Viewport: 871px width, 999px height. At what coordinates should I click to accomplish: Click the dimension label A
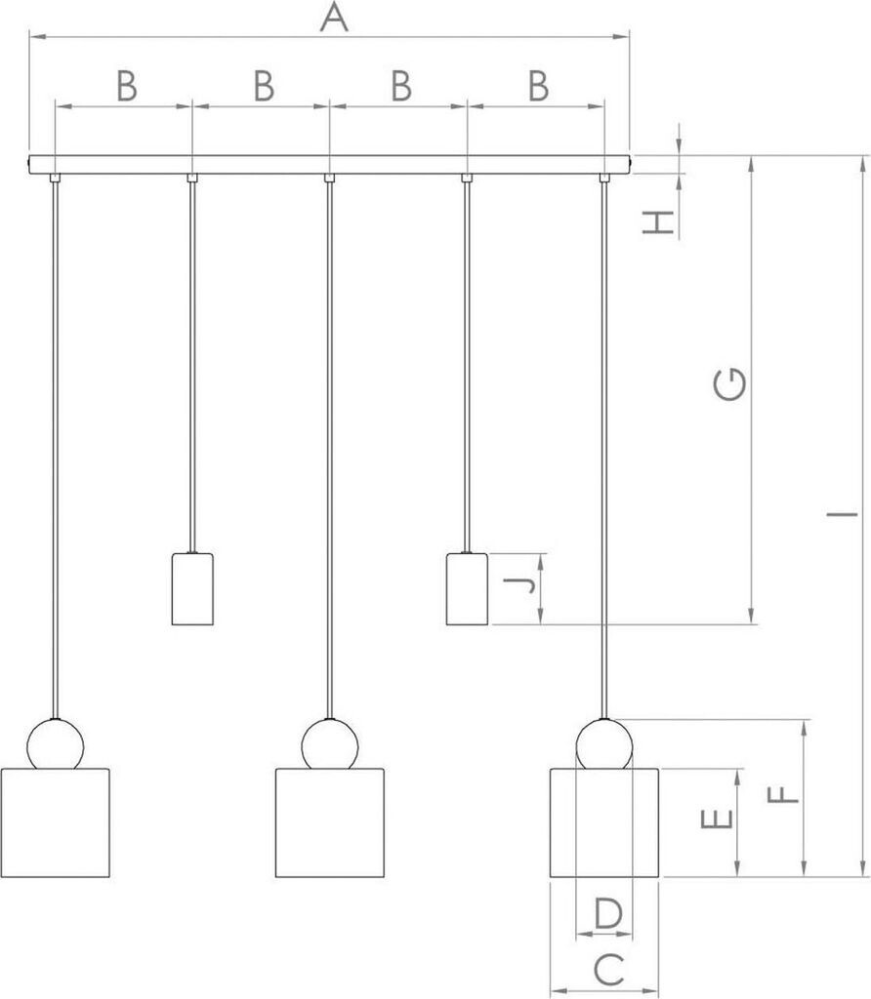tap(334, 17)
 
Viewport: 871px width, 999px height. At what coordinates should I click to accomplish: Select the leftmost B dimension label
tap(127, 87)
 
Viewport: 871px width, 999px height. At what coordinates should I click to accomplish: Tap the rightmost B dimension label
tap(538, 87)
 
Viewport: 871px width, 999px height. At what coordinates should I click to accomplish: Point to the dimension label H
tap(661, 221)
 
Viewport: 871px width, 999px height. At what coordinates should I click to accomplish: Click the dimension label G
tap(729, 384)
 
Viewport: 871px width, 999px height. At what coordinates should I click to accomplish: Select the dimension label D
tap(607, 914)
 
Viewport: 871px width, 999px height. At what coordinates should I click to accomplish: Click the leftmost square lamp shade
tap(55, 822)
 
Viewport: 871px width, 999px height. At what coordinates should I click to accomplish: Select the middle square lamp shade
tap(329, 822)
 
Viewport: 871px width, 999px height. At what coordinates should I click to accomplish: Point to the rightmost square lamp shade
tap(603, 822)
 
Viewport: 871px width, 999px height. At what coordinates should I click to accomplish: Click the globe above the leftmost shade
tap(55, 745)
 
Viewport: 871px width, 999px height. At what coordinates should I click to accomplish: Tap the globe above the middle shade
tap(329, 745)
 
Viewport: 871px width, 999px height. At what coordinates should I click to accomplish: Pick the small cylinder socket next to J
tap(467, 588)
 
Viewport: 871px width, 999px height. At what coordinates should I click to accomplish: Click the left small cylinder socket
tap(192, 588)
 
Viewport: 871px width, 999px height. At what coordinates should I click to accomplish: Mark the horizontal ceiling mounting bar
tap(329, 164)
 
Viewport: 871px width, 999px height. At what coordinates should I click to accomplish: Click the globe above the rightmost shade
tap(603, 745)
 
